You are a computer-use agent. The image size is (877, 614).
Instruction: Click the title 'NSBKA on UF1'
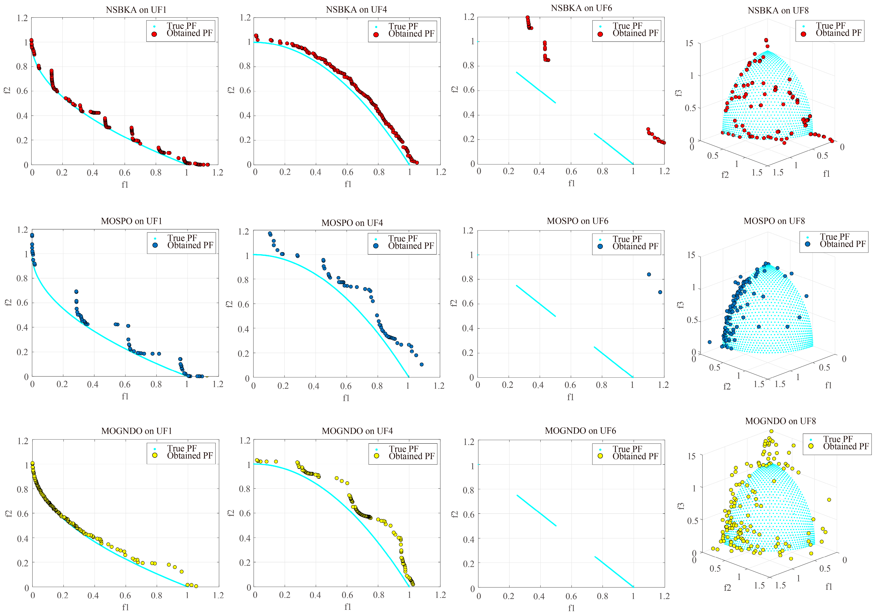[x=136, y=10]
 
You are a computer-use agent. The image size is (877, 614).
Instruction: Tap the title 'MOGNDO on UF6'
[x=580, y=431]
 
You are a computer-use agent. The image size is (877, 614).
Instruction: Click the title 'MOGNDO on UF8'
[x=780, y=421]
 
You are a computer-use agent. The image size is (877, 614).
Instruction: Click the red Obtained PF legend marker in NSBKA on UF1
[x=154, y=34]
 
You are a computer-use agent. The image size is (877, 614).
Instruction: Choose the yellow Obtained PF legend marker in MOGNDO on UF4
[x=377, y=456]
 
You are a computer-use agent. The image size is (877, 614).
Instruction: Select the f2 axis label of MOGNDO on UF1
[x=9, y=514]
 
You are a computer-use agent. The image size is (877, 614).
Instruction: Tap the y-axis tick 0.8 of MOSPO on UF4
[x=243, y=280]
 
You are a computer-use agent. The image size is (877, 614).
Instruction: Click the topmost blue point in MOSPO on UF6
[x=649, y=274]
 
